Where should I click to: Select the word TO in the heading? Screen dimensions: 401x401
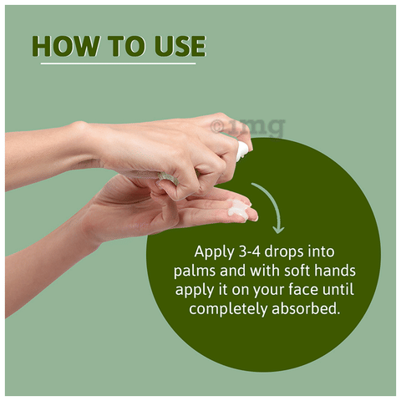click(x=127, y=46)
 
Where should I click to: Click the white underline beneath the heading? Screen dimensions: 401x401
click(x=118, y=63)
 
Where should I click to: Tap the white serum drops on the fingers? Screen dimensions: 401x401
click(x=239, y=207)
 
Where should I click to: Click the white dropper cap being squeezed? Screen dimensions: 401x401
click(x=241, y=151)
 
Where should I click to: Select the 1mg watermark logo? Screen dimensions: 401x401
click(x=248, y=127)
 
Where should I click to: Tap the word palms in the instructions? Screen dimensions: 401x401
click(x=195, y=271)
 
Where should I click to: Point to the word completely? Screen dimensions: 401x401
click(x=228, y=309)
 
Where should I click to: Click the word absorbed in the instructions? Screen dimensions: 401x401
click(x=306, y=308)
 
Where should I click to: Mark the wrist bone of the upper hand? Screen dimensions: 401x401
click(x=79, y=126)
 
